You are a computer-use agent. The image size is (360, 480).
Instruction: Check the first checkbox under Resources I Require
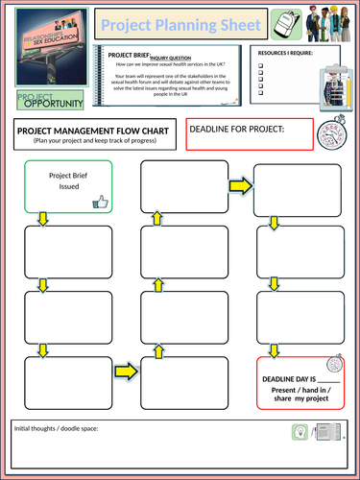click(x=262, y=68)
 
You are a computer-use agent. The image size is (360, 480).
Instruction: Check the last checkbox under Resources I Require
click(x=262, y=94)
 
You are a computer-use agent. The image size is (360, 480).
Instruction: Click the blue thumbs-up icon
click(x=99, y=201)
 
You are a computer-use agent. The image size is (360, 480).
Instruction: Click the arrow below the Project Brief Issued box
click(x=42, y=220)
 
